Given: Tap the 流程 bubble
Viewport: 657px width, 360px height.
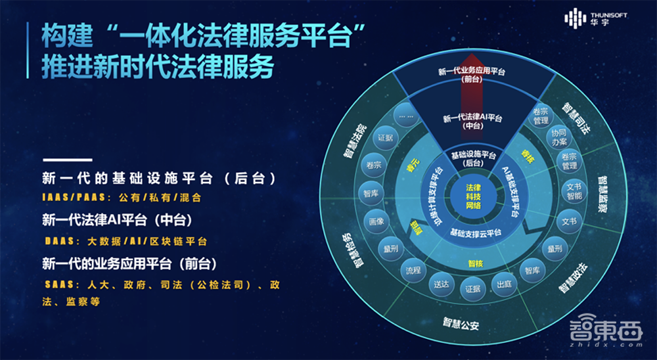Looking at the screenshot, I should pyautogui.click(x=413, y=270).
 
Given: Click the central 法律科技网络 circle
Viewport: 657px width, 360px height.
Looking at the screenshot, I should pyautogui.click(x=472, y=196).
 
